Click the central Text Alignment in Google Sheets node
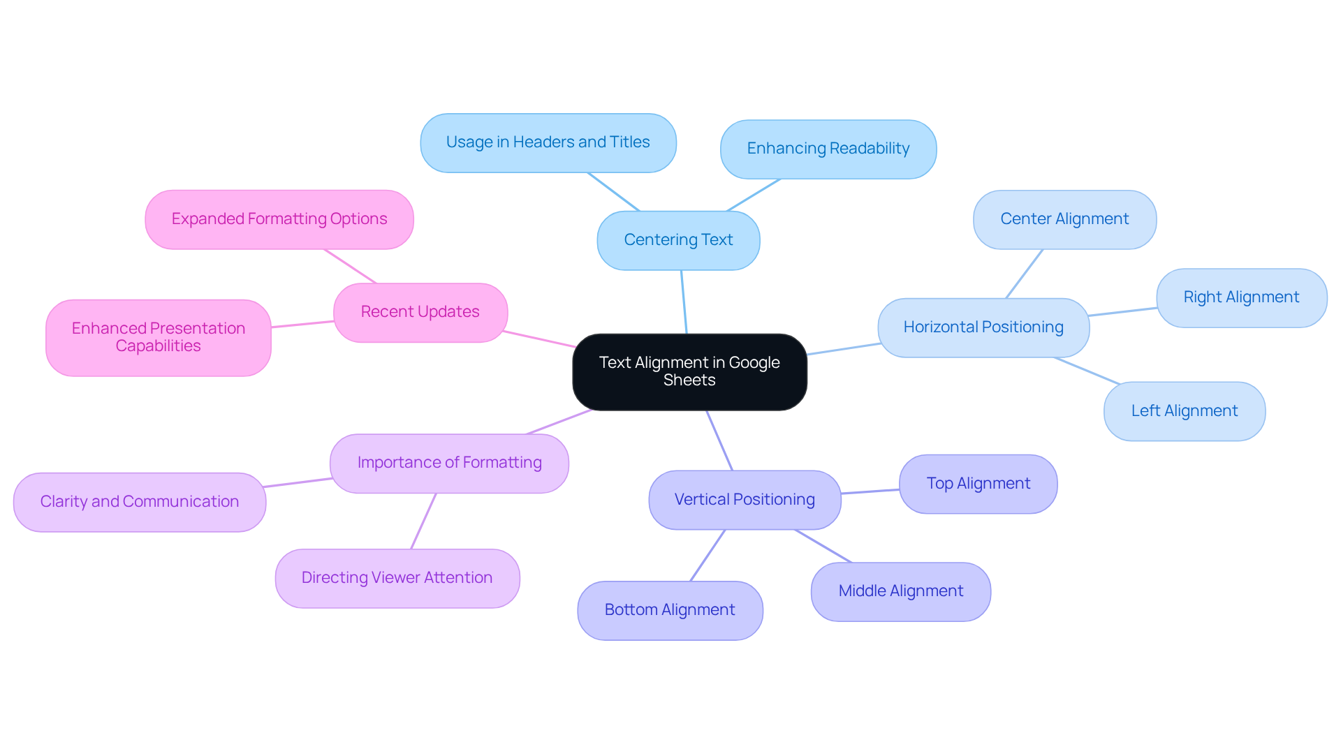[x=689, y=371]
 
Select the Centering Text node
[x=678, y=240]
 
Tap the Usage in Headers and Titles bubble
[x=548, y=142]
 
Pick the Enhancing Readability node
[x=828, y=149]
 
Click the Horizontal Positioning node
[x=983, y=327]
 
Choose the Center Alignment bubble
[x=1064, y=219]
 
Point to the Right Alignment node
[x=1240, y=297]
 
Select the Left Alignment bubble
[x=1184, y=411]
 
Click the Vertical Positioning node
[x=744, y=500]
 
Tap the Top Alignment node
[x=977, y=484]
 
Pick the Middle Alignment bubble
[x=900, y=591]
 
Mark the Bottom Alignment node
[x=669, y=610]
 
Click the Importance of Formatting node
[x=449, y=463]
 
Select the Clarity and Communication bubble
[x=139, y=502]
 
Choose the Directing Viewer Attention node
[x=397, y=578]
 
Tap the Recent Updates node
[x=420, y=312]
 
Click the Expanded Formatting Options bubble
[x=279, y=219]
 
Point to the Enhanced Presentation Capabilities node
[x=158, y=337]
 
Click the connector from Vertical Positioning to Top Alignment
[x=870, y=491]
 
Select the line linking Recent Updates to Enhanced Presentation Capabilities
[x=302, y=324]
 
